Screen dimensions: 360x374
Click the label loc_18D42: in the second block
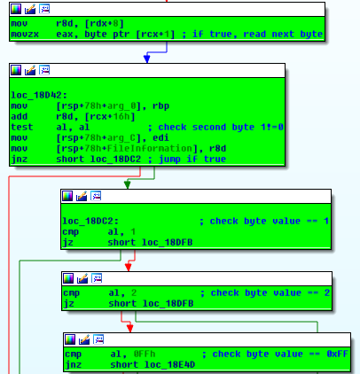[x=39, y=95]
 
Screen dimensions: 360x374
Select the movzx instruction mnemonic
[x=25, y=35]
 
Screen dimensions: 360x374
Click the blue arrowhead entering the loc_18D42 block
[x=147, y=58]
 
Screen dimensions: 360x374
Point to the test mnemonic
[x=22, y=127]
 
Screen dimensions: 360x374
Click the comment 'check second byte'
[x=193, y=127]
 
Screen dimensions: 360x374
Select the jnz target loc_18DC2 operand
[x=115, y=159]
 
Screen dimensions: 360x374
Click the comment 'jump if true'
[x=192, y=159]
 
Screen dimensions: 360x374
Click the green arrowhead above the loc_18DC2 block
[x=128, y=184]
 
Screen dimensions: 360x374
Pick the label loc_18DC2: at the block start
[x=90, y=221]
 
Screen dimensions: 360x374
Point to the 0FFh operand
[x=145, y=354]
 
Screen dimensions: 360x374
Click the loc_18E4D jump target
[x=169, y=364]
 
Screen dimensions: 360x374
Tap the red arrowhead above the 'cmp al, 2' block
[x=128, y=267]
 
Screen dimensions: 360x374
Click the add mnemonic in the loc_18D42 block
[x=20, y=116]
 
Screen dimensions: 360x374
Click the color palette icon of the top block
[x=16, y=9]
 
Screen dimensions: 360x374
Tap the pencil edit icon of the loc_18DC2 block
[x=82, y=196]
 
